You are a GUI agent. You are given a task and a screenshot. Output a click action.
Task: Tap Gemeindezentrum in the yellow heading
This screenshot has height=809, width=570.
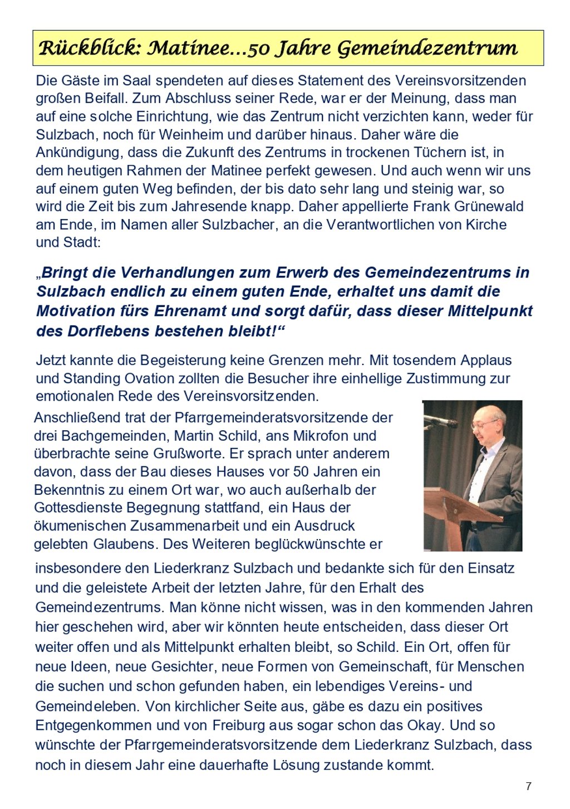point(427,48)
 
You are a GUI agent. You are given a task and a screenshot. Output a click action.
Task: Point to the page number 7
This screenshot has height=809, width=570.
point(528,786)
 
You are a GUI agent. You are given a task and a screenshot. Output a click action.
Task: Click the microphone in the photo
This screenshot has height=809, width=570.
point(441,421)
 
